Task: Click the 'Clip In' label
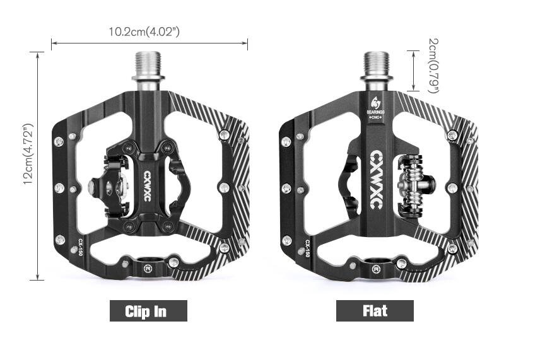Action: [x=148, y=311]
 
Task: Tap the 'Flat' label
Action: [x=375, y=311]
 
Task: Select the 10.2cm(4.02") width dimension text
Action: [x=144, y=32]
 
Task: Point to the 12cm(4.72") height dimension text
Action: [x=28, y=154]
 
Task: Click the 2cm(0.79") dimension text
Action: [x=433, y=66]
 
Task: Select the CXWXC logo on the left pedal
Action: [x=147, y=186]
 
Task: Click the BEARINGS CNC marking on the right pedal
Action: [x=376, y=115]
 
